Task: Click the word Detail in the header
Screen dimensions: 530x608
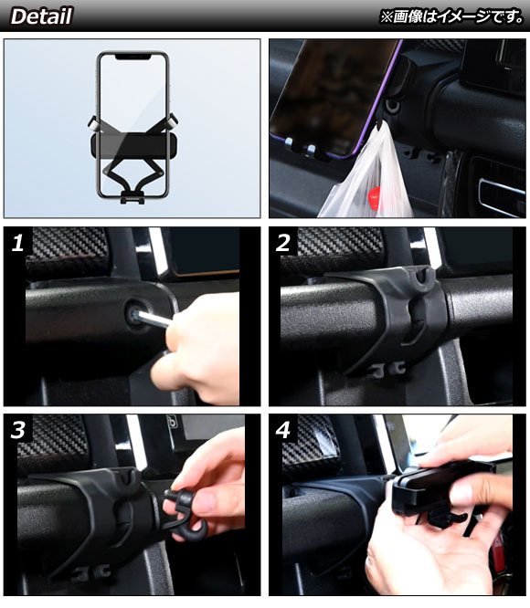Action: tap(41, 16)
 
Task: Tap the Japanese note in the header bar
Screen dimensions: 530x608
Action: tap(451, 16)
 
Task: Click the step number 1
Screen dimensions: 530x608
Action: tap(18, 243)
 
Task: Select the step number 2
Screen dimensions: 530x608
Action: tap(283, 243)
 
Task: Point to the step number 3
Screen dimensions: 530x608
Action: tap(18, 430)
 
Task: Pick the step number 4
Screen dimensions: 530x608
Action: tap(283, 430)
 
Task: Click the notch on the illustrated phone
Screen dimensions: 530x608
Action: tap(132, 57)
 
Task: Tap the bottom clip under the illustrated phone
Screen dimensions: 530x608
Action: tap(132, 197)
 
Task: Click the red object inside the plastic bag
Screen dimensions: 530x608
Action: tap(374, 198)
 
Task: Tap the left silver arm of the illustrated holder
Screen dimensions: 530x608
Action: tap(93, 123)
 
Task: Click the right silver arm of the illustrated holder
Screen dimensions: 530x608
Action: tap(173, 122)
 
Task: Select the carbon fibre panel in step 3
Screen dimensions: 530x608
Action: tap(52, 439)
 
